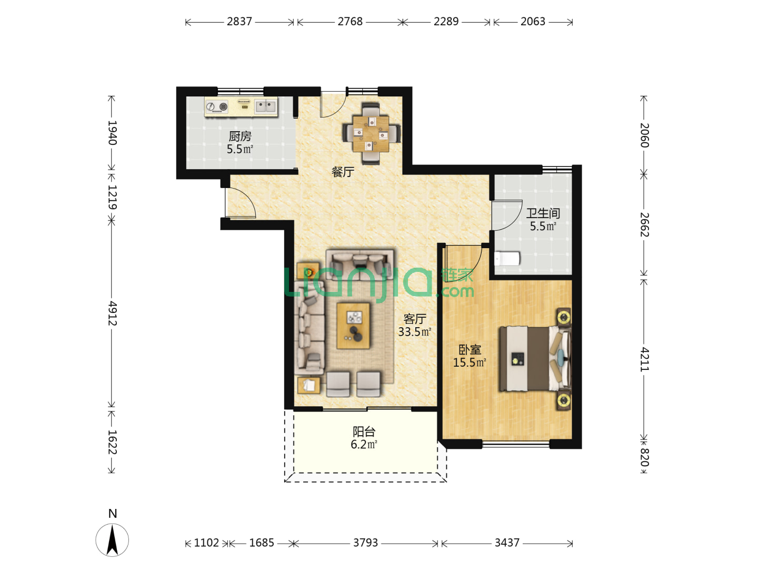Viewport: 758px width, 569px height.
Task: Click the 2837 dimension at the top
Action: coord(239,22)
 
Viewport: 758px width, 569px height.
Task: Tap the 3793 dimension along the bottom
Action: coord(365,543)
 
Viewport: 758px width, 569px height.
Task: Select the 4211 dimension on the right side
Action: coord(645,359)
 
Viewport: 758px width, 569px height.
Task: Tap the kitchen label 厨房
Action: coord(240,136)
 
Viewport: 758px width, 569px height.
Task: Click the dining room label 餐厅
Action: coord(343,172)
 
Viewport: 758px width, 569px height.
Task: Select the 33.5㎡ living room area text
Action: coord(414,332)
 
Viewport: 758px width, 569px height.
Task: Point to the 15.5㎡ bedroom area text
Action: coord(470,362)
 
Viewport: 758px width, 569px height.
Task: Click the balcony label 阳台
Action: coord(364,431)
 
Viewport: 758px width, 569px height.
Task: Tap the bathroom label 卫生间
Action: coord(543,213)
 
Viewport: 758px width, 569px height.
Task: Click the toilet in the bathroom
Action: coord(506,258)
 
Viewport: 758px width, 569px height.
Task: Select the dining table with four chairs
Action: coord(371,133)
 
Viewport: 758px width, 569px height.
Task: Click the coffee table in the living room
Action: coord(353,326)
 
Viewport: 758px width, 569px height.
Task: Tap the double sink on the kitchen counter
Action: coord(265,106)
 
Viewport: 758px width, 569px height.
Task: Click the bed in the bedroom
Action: coord(535,359)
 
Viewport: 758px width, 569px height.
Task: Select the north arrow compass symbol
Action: coord(112,539)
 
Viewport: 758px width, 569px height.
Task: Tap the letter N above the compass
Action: coord(113,513)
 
